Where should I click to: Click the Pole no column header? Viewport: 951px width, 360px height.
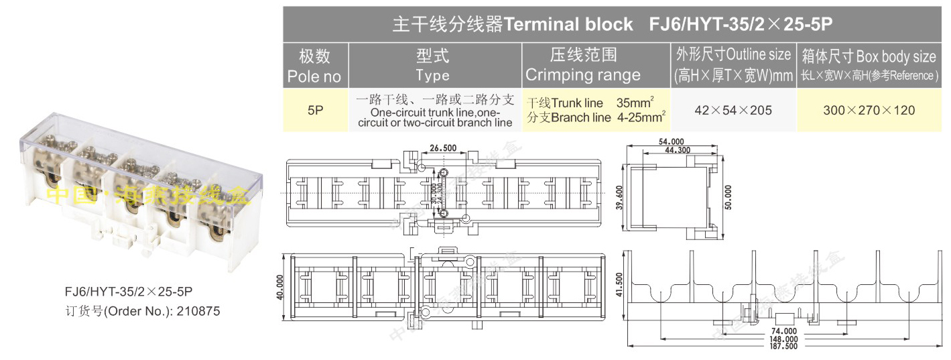(x=314, y=66)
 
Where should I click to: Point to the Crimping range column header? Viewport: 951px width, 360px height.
(x=583, y=66)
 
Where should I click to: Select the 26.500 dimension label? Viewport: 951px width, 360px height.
(x=443, y=148)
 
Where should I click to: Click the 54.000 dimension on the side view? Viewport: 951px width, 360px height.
(x=672, y=141)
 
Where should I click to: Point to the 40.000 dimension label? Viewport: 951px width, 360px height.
(x=279, y=287)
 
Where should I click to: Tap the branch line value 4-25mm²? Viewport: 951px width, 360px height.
(x=641, y=118)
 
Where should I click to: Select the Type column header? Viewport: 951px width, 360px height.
(x=432, y=66)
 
